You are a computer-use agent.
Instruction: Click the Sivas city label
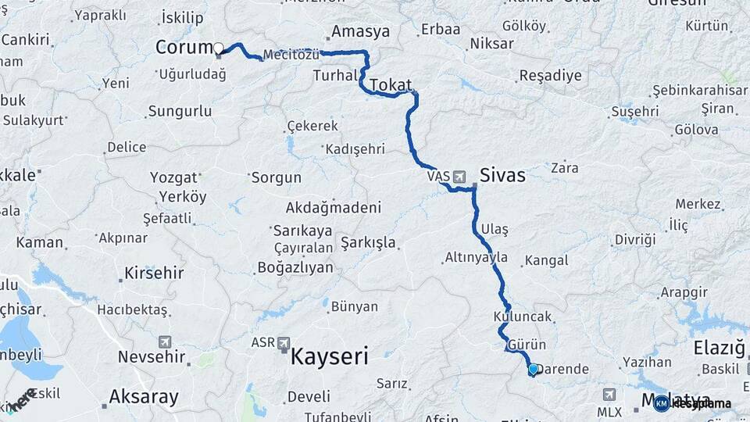click(502, 176)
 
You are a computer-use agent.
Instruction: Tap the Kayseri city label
click(329, 357)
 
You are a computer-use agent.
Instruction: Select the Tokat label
click(391, 84)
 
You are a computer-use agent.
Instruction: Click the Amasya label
click(360, 32)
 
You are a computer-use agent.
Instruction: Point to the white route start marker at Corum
click(219, 48)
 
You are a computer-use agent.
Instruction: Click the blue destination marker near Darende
click(534, 369)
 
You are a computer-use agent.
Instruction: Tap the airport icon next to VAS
click(458, 176)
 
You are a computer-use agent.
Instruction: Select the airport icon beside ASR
click(282, 342)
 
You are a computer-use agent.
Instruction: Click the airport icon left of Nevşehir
click(164, 342)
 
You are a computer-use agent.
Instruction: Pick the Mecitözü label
click(291, 55)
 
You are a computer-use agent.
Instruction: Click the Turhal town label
click(334, 76)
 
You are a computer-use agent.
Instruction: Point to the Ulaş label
click(495, 228)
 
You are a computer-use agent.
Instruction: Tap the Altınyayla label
click(476, 257)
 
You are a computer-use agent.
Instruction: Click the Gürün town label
click(527, 345)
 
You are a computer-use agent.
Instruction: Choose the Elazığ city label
click(719, 347)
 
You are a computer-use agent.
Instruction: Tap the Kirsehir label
click(154, 274)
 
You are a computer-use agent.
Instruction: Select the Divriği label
click(634, 239)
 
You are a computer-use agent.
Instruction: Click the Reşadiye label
click(550, 76)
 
